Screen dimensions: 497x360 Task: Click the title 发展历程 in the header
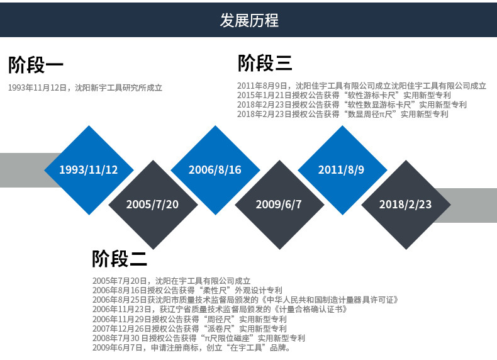coord(248,20)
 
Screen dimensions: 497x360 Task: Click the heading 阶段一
coord(36,65)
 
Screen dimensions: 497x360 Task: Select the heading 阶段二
coord(120,258)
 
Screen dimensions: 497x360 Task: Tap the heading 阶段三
coord(265,63)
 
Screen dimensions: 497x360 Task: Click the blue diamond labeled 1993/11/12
coord(89,170)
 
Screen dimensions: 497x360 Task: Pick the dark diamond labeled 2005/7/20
coord(152,205)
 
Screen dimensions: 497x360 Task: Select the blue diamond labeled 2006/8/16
coord(215,170)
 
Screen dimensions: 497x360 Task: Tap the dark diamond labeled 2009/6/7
coord(279,205)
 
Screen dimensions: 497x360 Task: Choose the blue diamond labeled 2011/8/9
coord(342,170)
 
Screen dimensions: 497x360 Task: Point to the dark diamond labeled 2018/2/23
coord(406,205)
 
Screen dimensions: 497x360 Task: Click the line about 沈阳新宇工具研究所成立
coord(85,88)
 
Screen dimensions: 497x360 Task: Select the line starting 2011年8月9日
coord(362,86)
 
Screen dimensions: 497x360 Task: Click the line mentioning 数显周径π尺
coord(343,115)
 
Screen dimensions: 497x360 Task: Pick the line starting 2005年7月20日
coord(171,281)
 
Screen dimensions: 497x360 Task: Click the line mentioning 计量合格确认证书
coord(220,310)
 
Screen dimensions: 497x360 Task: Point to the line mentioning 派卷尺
coord(189,329)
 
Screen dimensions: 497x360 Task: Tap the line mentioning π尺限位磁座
coord(199,338)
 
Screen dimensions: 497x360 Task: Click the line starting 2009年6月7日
coord(191,347)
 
